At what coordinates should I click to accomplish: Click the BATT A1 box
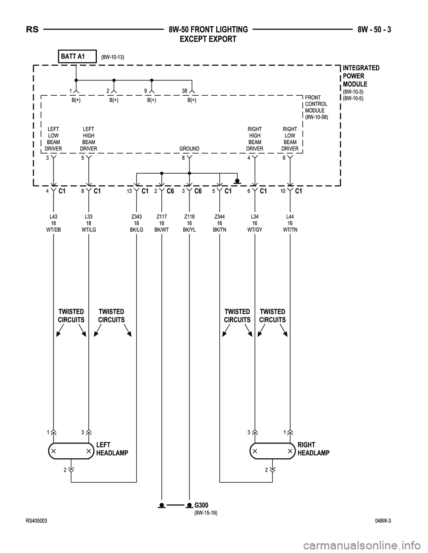[77, 57]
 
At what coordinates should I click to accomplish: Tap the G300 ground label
[202, 504]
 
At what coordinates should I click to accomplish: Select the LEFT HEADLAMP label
[112, 449]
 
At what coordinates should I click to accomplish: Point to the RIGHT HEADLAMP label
[313, 449]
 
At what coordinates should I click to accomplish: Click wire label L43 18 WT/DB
[53, 224]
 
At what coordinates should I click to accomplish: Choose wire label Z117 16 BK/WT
[161, 224]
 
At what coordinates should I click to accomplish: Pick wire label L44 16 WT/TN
[290, 224]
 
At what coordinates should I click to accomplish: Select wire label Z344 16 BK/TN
[220, 224]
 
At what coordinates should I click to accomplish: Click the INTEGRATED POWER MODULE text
[361, 76]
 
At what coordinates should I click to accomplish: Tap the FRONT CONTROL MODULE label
[316, 107]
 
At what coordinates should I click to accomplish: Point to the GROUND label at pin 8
[189, 149]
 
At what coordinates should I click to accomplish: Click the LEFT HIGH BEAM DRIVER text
[88, 138]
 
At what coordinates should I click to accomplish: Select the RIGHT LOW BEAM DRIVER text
[290, 138]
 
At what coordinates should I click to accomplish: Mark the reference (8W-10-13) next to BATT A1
[112, 57]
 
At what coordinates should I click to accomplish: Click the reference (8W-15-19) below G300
[206, 512]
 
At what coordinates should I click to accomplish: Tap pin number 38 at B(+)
[185, 91]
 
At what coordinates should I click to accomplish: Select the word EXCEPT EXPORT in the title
[208, 39]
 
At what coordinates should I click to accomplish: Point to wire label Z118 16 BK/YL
[189, 224]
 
